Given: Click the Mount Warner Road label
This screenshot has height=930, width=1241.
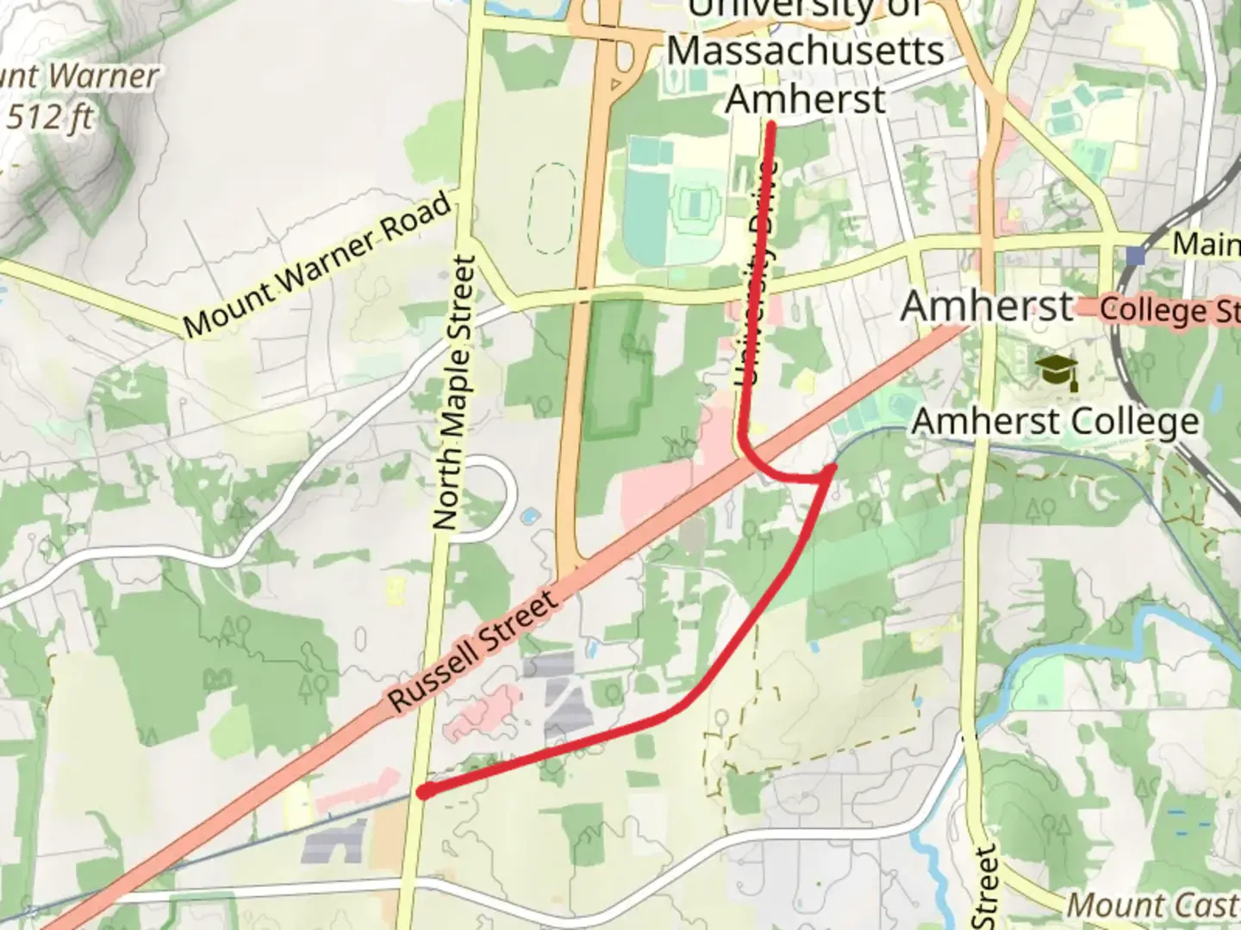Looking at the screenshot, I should [317, 265].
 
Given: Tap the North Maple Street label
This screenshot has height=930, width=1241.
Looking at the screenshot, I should [454, 393].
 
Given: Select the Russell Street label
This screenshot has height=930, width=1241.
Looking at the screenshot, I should [473, 652].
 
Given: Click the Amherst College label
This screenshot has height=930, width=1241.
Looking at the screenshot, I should [1055, 422].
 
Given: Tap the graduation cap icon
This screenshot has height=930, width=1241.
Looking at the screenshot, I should [1058, 371].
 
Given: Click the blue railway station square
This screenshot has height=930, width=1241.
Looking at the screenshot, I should [1136, 255].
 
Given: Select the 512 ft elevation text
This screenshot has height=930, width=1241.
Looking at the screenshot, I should [50, 116].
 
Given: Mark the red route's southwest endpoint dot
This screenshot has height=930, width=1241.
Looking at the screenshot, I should [424, 791].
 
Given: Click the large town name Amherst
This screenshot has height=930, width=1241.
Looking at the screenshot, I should [988, 306].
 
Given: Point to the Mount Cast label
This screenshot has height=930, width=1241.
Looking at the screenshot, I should [1153, 905].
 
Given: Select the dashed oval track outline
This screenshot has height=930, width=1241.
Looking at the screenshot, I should [552, 209].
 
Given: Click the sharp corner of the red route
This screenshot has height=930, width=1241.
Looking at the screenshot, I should [832, 468].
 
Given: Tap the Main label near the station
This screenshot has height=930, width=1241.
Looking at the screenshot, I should [1206, 244].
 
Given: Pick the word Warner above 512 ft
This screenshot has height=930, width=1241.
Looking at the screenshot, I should [104, 76].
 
